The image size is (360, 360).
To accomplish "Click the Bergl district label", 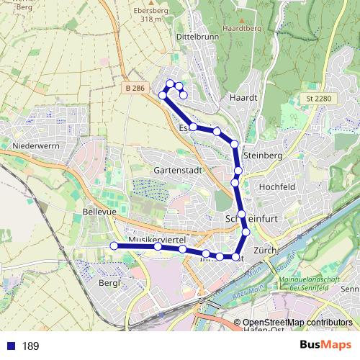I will (107, 283).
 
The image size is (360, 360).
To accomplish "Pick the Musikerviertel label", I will (157, 238).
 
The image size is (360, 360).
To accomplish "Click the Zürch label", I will (266, 249).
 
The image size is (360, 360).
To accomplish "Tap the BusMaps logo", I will (323, 346).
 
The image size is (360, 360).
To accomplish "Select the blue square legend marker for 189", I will (9, 346).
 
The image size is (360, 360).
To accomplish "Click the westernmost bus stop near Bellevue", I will (114, 246).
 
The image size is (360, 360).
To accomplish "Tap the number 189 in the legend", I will (31, 346).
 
